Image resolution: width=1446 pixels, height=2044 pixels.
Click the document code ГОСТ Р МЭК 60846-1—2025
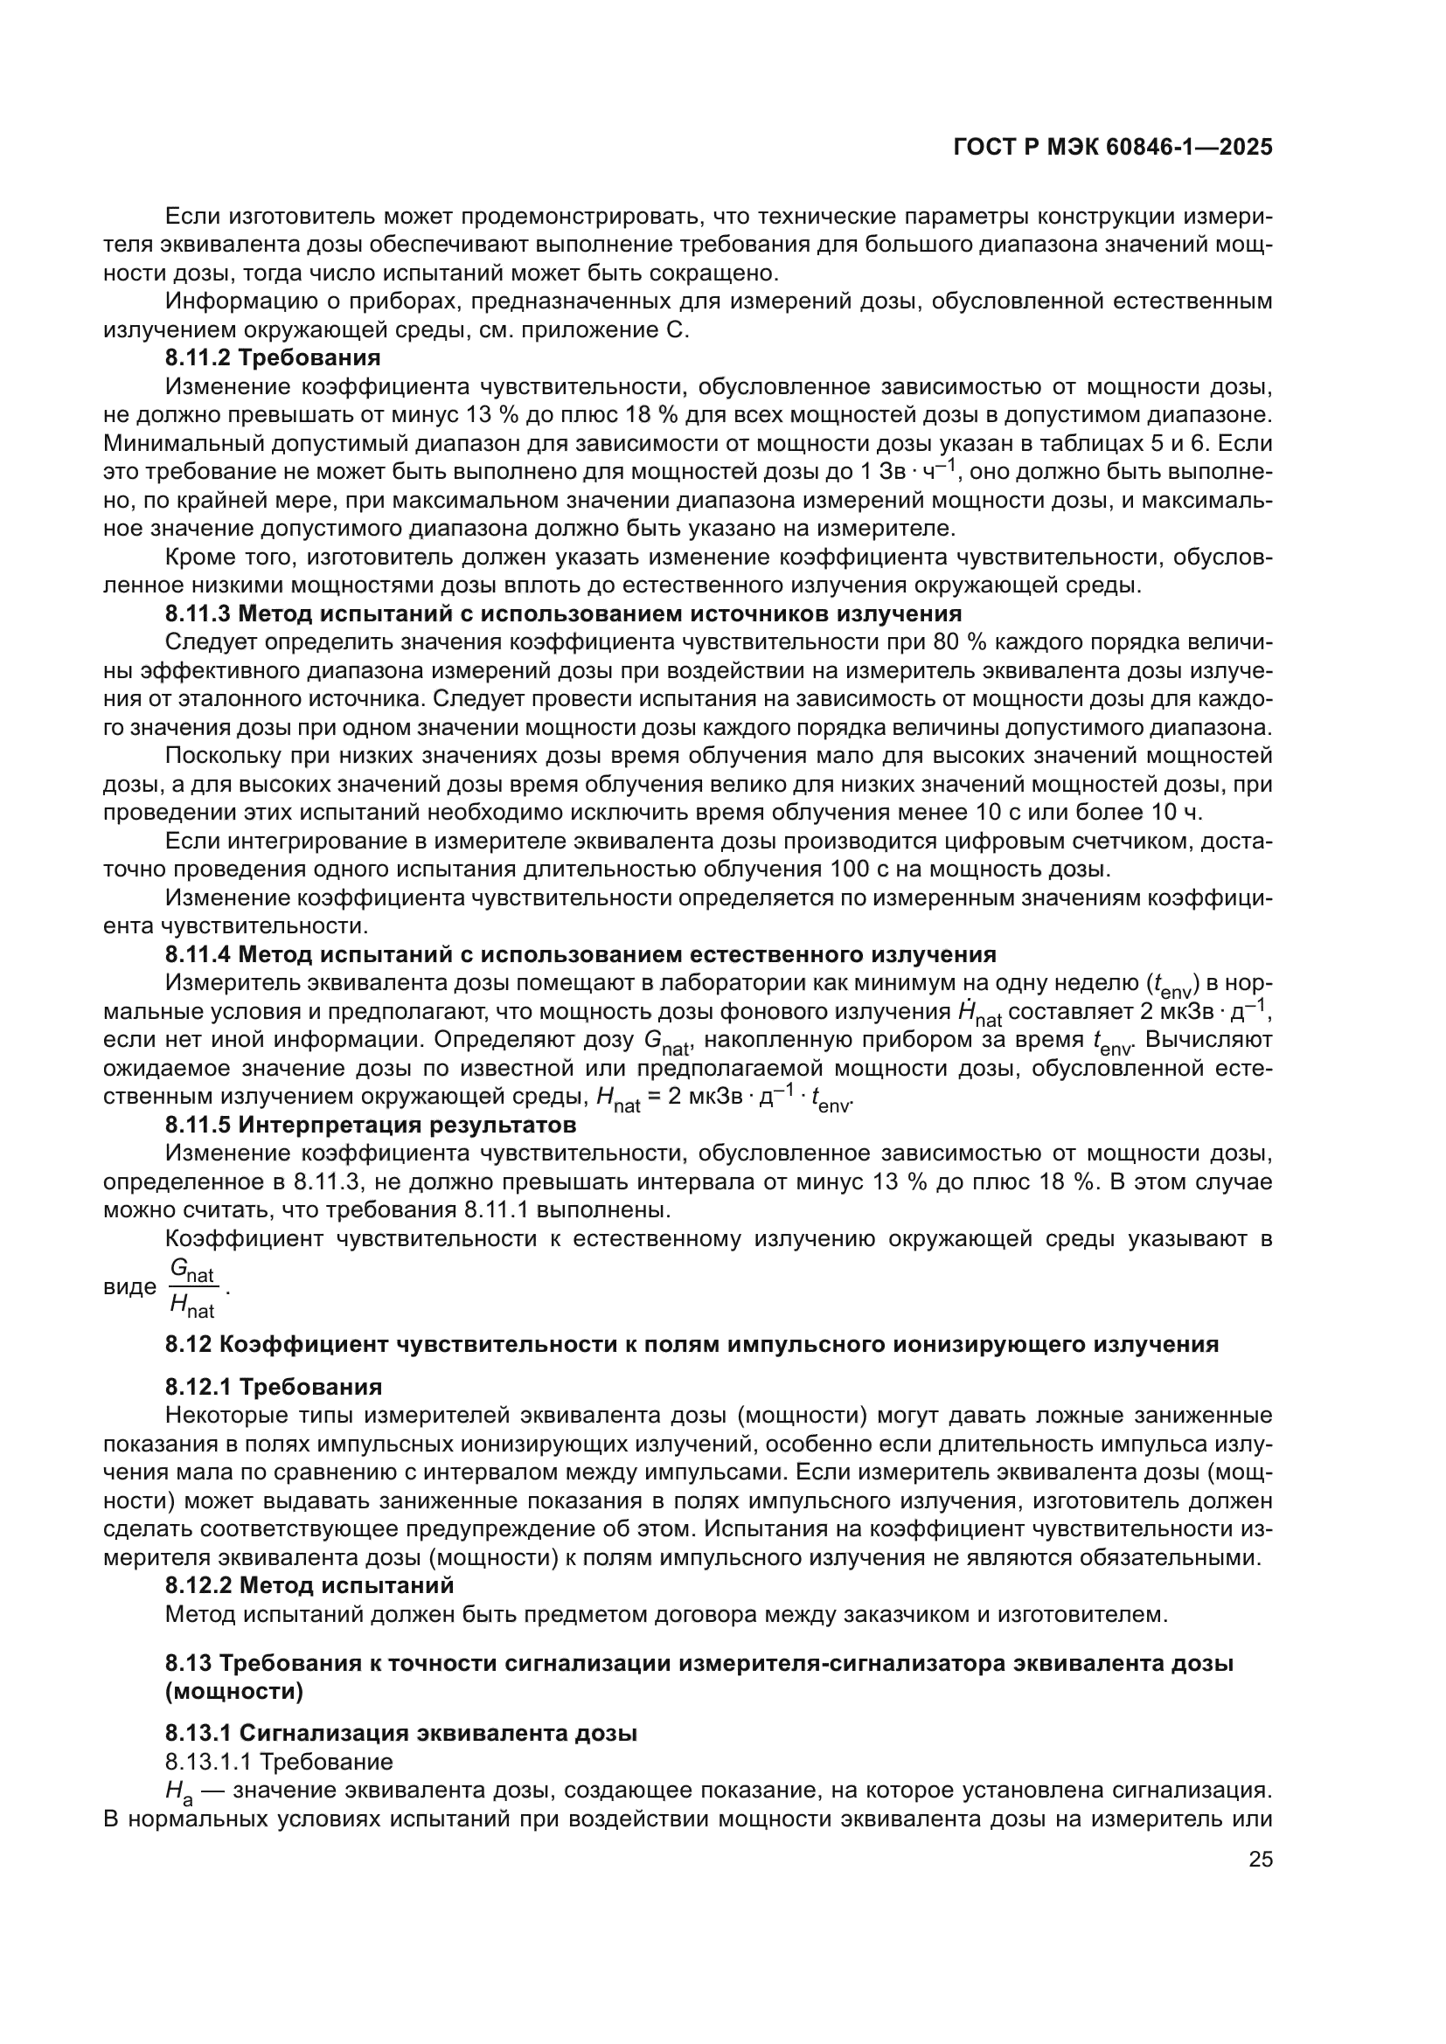coord(1112,148)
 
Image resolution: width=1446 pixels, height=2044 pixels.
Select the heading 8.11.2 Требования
coord(273,358)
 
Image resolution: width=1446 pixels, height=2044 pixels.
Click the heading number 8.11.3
coord(198,613)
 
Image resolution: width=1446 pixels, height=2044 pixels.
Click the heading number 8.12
coord(188,1343)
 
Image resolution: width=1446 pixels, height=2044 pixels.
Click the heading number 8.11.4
coord(198,954)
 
